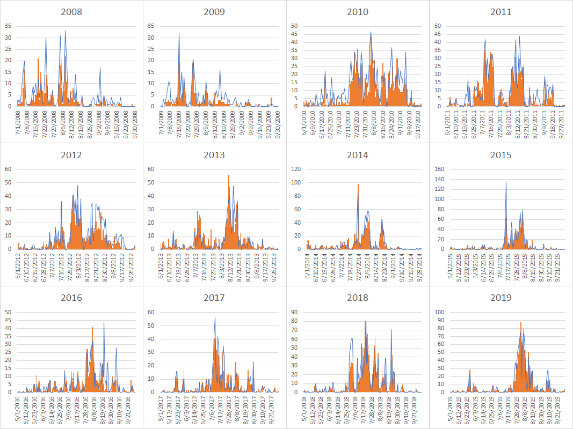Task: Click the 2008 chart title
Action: (71, 12)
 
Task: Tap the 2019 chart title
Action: (501, 298)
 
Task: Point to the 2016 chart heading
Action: (71, 298)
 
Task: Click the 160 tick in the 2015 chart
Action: (438, 169)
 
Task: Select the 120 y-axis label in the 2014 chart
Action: (295, 169)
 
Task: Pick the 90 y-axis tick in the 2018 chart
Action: (296, 312)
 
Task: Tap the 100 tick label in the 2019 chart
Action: (438, 312)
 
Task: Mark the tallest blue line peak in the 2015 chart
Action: (506, 182)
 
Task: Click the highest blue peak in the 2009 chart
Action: (179, 34)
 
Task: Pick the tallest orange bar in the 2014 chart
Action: (358, 184)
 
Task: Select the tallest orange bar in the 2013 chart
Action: (229, 175)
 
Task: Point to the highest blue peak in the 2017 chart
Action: (215, 317)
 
